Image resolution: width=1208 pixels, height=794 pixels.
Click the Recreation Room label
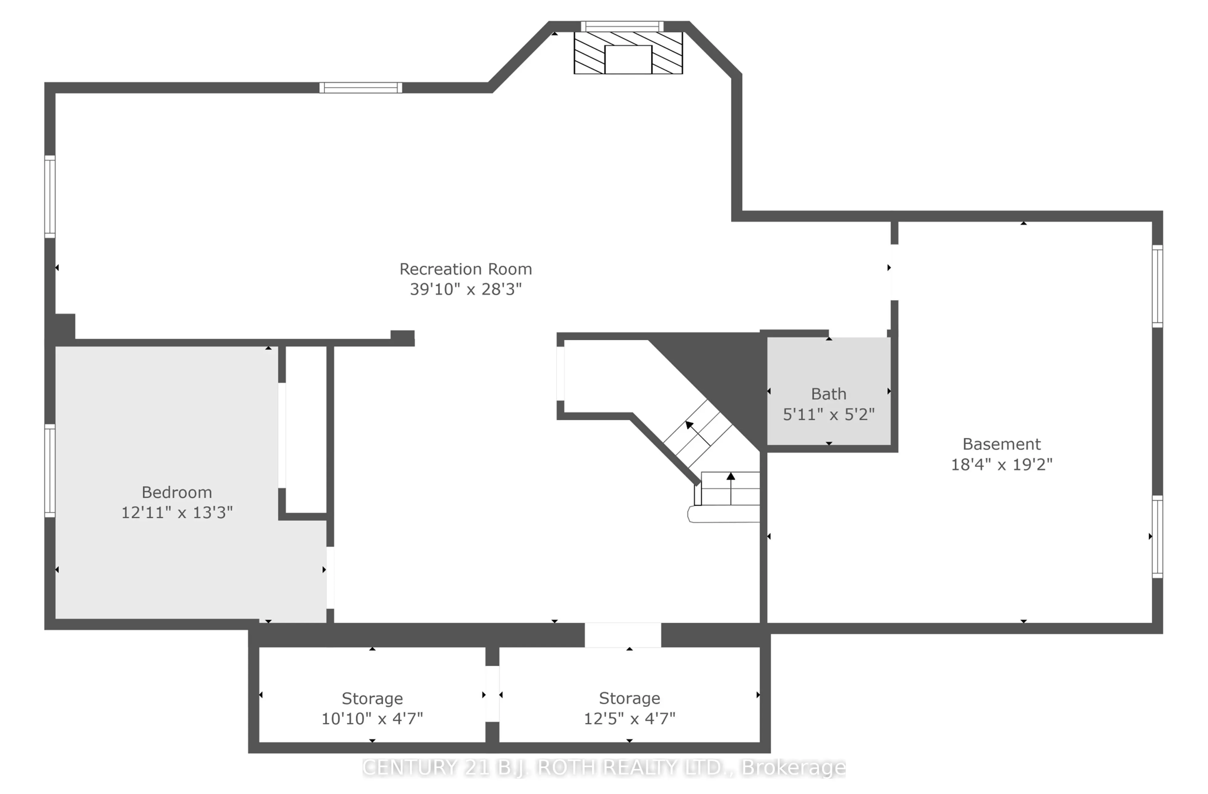(x=465, y=269)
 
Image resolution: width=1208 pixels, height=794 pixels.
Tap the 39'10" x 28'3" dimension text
(x=465, y=289)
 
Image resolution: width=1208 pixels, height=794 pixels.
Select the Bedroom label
(x=176, y=492)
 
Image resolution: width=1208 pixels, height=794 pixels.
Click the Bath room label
(x=828, y=394)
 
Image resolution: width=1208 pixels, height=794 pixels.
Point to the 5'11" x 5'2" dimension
(x=828, y=414)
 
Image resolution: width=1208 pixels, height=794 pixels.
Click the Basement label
(x=1001, y=444)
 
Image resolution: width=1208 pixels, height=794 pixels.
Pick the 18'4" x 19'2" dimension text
(x=1001, y=464)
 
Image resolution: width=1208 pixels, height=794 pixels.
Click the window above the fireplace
(x=622, y=26)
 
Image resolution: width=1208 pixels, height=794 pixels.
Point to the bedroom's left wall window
(x=50, y=470)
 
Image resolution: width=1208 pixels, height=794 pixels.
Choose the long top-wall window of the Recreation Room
(x=360, y=88)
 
